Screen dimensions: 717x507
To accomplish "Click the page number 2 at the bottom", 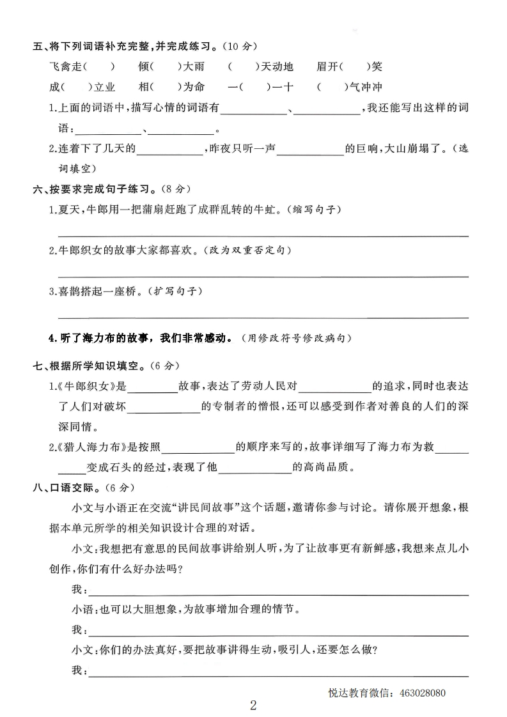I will pos(253,705).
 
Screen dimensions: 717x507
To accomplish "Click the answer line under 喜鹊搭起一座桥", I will pos(263,317).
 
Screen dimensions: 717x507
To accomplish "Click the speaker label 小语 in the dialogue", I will pos(81,610).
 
